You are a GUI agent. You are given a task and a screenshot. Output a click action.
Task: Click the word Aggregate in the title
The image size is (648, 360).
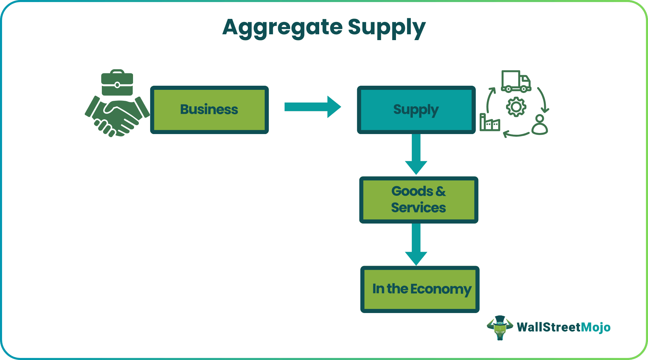tap(282, 27)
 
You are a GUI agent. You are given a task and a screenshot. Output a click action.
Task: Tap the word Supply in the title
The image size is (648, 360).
tap(386, 27)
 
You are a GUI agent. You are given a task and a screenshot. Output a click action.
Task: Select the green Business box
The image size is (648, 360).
tap(209, 110)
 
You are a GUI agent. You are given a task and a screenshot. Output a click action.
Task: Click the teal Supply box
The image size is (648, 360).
tap(416, 110)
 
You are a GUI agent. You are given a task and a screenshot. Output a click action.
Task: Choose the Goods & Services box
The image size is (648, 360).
tap(418, 200)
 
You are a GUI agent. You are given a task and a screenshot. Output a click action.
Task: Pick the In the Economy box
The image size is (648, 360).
tap(420, 289)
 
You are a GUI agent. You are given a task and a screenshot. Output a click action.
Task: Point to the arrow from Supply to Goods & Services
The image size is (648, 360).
tap(416, 154)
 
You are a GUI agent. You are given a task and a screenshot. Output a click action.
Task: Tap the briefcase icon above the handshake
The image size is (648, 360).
tap(117, 83)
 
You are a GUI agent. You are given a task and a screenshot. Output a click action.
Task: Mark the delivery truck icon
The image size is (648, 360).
tap(516, 82)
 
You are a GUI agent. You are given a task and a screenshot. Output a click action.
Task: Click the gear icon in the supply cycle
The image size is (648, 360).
tap(516, 107)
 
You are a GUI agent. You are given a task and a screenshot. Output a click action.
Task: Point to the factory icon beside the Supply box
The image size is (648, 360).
tap(490, 123)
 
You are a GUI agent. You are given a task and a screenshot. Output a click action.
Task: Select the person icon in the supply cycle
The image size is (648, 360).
tap(540, 125)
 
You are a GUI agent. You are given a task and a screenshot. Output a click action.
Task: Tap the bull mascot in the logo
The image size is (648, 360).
tap(500, 327)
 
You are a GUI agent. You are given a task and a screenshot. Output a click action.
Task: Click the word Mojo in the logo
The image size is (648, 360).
tap(596, 327)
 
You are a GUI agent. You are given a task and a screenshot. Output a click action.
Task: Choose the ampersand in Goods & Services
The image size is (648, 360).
tap(441, 191)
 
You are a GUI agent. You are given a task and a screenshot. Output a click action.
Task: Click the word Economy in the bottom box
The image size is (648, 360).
tap(441, 289)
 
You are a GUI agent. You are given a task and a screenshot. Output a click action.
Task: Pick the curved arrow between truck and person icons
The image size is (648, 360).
tap(543, 99)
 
